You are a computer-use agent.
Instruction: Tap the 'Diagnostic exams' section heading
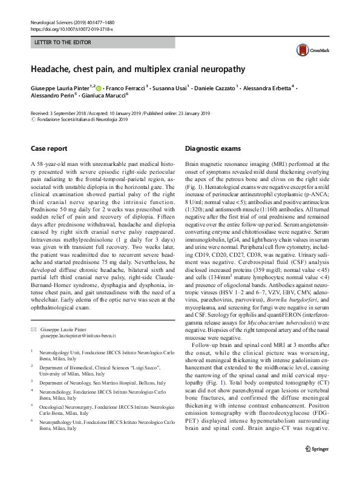[212, 148]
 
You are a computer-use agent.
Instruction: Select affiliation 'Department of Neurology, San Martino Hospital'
[102, 383]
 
